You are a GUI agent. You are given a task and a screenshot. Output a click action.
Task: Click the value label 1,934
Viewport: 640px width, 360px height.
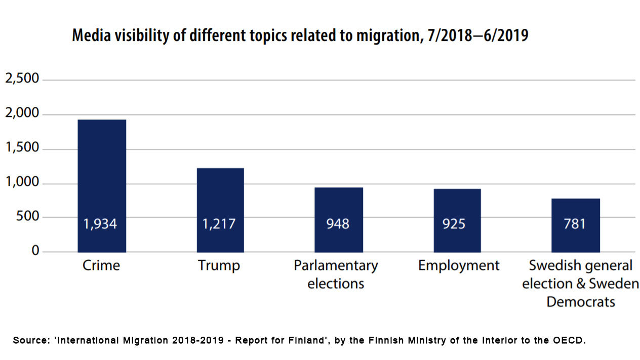pyautogui.click(x=100, y=223)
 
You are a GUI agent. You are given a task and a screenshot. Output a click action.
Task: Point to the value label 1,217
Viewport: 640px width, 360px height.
pyautogui.click(x=219, y=223)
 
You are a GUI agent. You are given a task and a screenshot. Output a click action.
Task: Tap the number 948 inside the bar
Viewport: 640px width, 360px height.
pyautogui.click(x=338, y=223)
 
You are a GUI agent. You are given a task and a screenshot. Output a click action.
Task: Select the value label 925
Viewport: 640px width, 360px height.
pyautogui.click(x=454, y=223)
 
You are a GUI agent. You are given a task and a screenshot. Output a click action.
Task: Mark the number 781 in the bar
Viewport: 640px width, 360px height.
pyautogui.click(x=575, y=223)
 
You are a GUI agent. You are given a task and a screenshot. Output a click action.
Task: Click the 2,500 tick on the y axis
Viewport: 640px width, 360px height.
pyautogui.click(x=22, y=79)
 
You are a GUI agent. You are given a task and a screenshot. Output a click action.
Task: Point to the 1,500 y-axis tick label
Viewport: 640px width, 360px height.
pyautogui.click(x=22, y=148)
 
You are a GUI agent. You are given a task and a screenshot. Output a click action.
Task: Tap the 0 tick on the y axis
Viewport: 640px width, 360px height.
pyautogui.click(x=35, y=251)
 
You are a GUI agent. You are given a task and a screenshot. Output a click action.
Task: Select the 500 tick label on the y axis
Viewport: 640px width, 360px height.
pyautogui.click(x=28, y=217)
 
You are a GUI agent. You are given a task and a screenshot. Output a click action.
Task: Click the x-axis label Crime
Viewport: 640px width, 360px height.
pyautogui.click(x=101, y=265)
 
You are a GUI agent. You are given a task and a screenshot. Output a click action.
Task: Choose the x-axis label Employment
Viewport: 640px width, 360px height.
pyautogui.click(x=459, y=265)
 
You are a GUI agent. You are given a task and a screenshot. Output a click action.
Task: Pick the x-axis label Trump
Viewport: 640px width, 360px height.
pyautogui.click(x=219, y=265)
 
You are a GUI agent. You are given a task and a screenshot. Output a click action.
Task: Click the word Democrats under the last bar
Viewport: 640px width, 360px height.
pyautogui.click(x=580, y=302)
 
